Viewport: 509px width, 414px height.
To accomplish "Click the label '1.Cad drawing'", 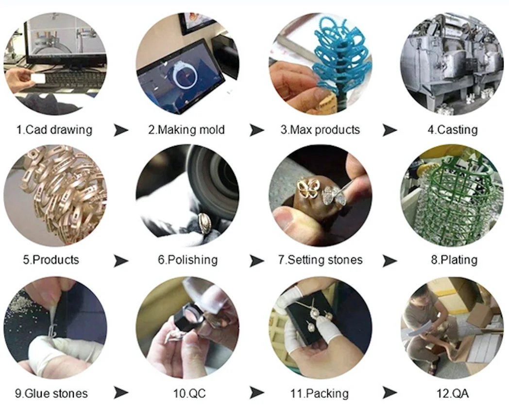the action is pos(54,130).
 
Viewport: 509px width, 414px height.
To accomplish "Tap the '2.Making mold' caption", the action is pos(187,130).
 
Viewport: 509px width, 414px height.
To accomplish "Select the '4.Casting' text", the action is pos(453,130).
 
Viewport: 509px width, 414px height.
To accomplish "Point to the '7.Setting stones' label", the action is pos(320,260).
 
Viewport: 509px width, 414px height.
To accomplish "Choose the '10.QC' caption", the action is pos(189,394).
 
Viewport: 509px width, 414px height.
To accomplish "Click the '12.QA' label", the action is pos(453,394).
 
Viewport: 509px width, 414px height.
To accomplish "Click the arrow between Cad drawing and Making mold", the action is pos(121,130).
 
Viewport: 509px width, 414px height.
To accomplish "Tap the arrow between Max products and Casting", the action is pos(389,130).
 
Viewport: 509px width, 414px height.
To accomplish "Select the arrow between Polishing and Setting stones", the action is pos(256,261).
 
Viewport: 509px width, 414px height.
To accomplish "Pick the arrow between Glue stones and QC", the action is pos(121,393).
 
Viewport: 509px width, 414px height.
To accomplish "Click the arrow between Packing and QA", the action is pos(389,393).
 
